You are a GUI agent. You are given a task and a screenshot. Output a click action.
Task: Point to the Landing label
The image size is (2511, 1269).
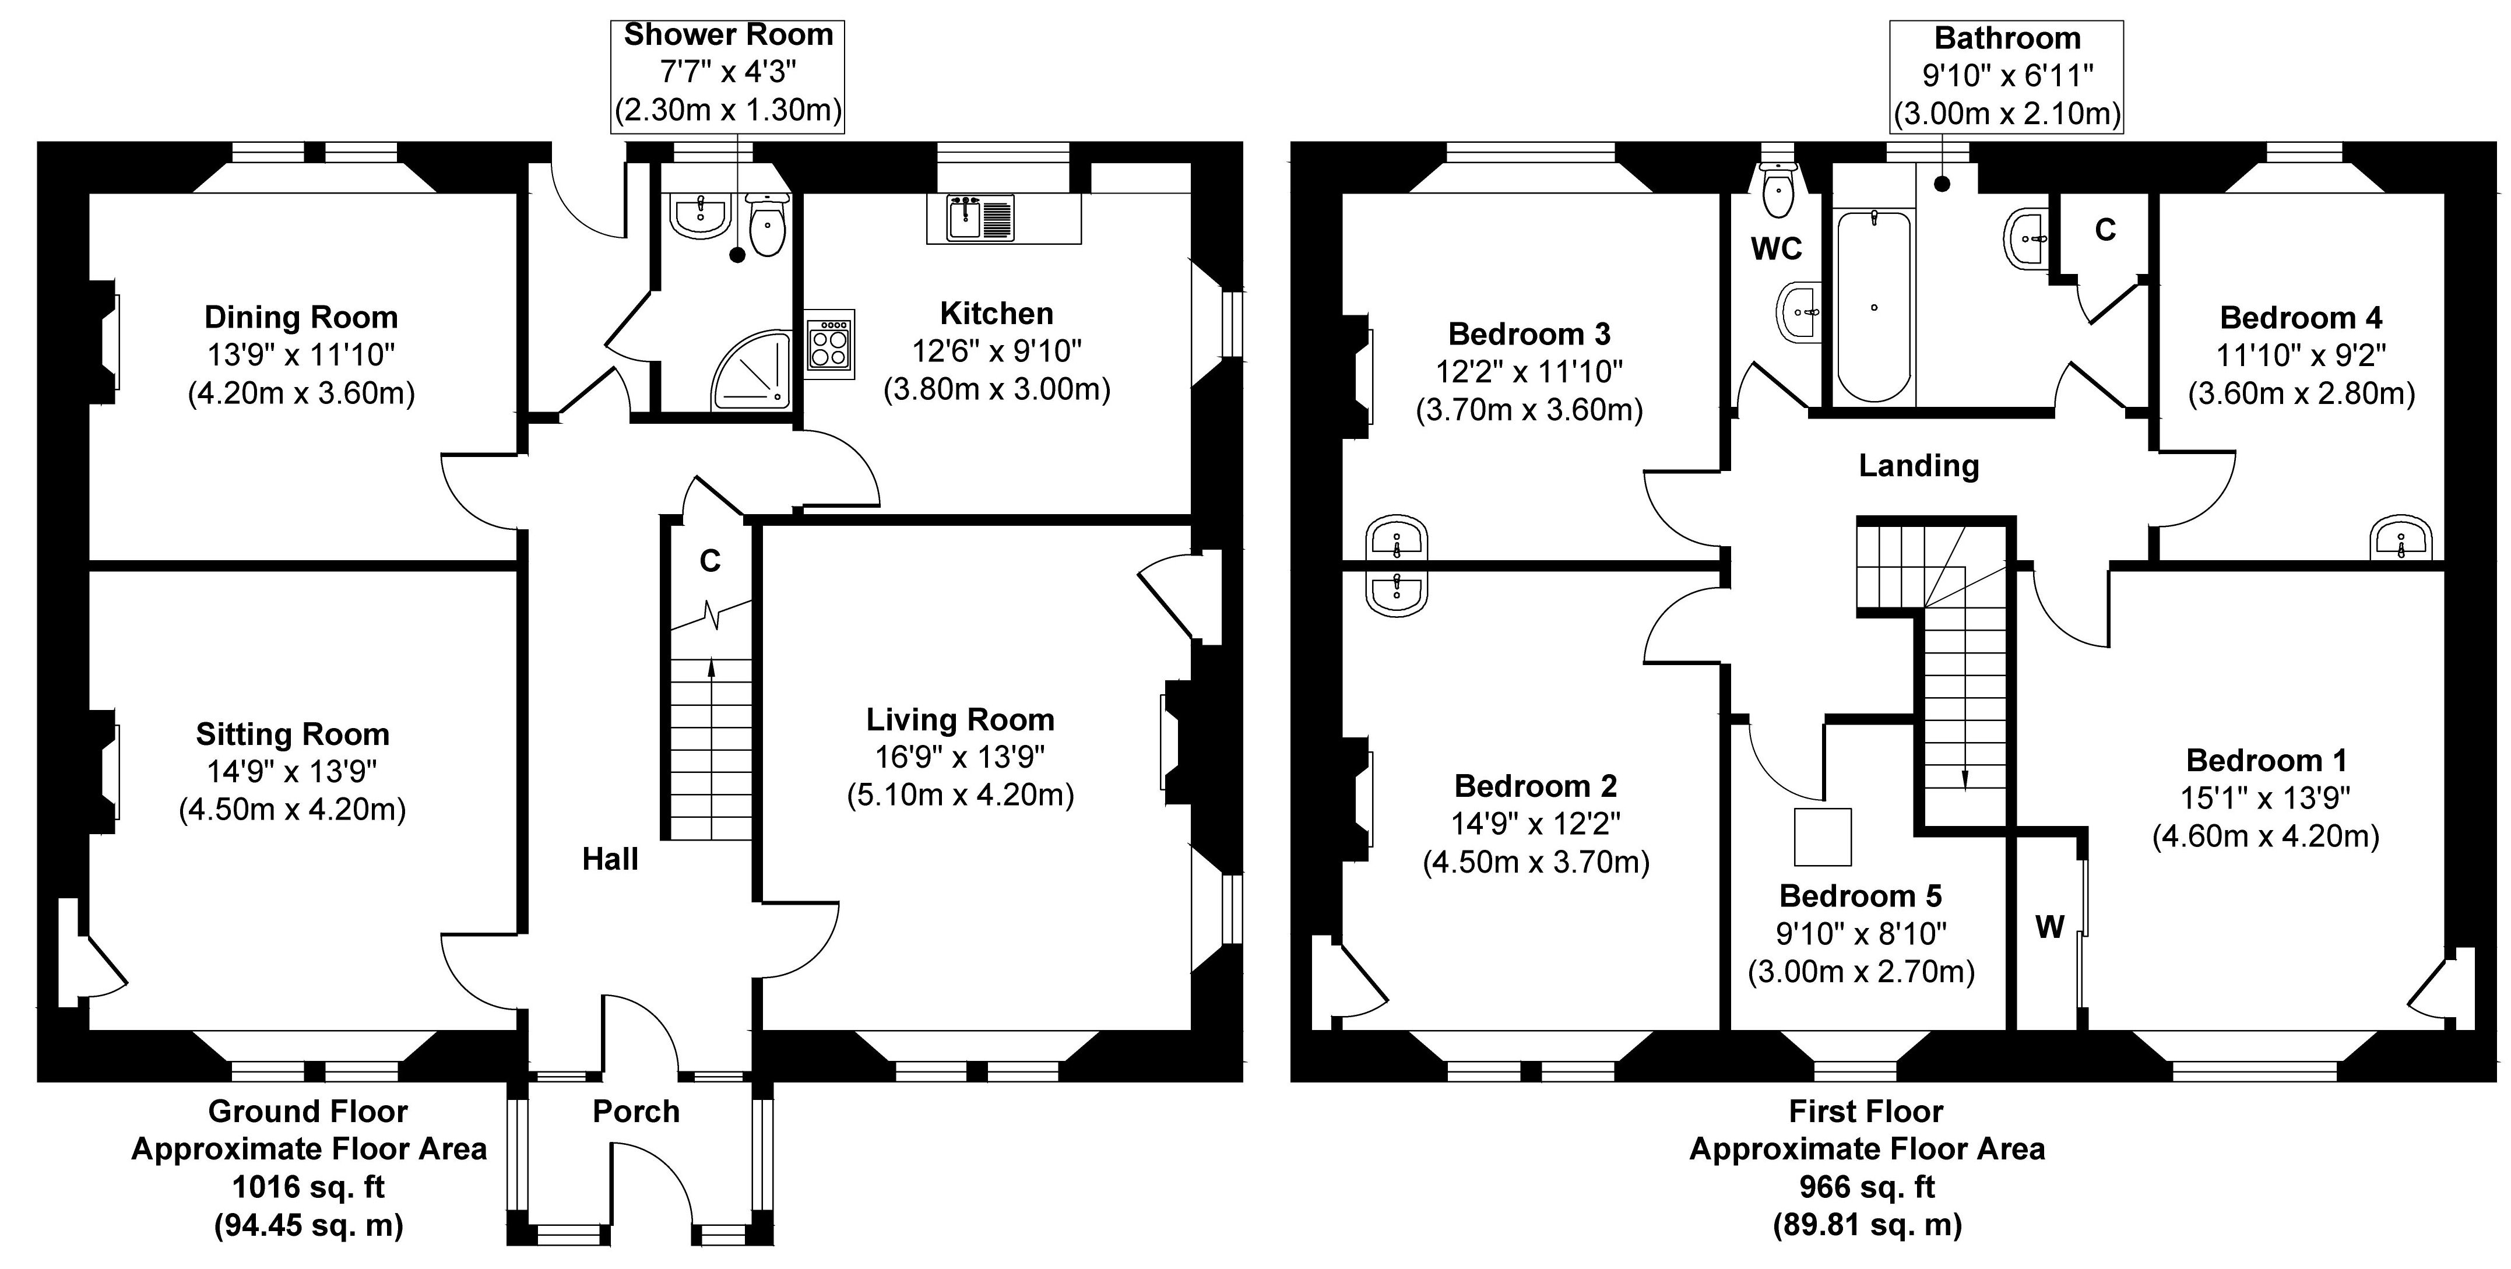click(1918, 466)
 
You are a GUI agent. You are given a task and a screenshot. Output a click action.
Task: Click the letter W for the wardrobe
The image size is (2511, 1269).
click(2049, 927)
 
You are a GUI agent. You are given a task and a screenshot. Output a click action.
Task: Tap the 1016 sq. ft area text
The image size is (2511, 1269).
click(308, 1187)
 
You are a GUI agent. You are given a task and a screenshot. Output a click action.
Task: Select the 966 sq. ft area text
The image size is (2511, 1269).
click(1867, 1187)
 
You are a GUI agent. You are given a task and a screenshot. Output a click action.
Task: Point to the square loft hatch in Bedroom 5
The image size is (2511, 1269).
click(1822, 837)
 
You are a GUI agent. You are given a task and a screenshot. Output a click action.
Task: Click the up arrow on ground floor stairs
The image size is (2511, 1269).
click(711, 669)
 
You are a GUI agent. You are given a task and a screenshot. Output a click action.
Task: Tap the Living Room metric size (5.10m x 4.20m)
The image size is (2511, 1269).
click(960, 795)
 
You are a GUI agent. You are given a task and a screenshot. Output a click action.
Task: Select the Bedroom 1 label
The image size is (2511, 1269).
click(2266, 760)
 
